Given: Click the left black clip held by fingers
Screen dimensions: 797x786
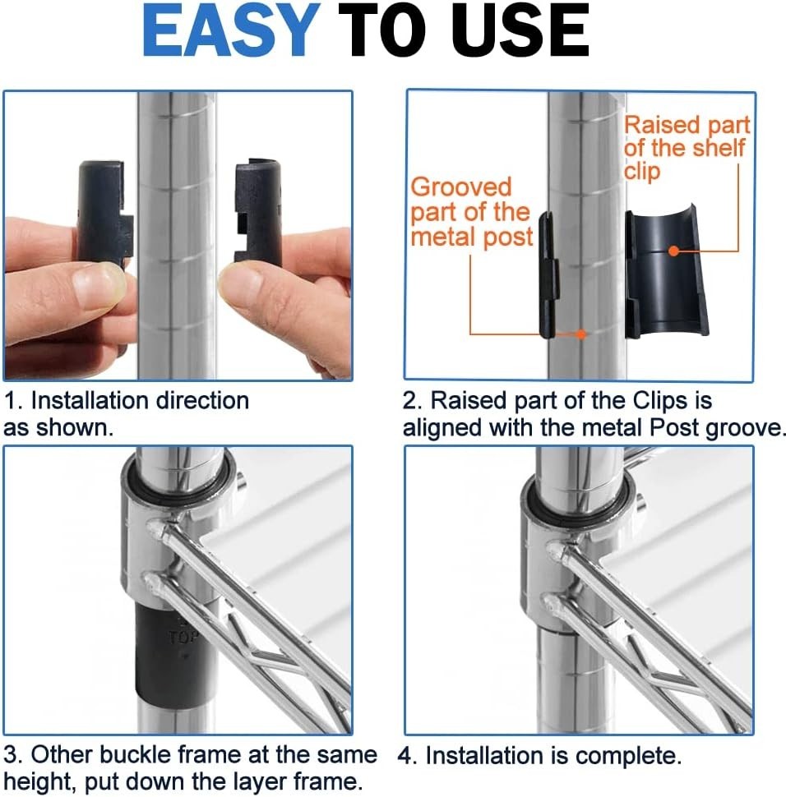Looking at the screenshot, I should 104,212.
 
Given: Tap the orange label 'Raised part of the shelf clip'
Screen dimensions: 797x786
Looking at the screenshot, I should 687,148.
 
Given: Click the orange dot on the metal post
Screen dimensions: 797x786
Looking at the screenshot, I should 581,334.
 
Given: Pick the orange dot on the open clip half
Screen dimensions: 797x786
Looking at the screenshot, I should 673,250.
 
